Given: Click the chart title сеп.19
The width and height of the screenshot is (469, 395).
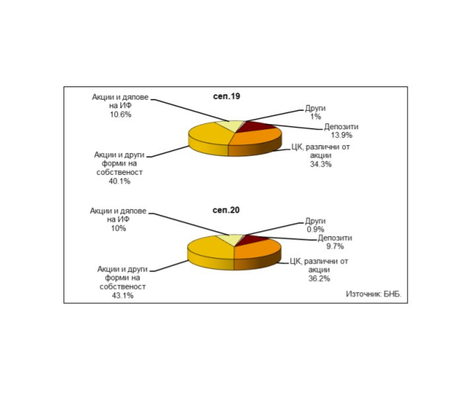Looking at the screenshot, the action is tap(227, 96).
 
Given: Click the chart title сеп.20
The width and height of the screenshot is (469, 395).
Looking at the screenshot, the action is tap(226, 210).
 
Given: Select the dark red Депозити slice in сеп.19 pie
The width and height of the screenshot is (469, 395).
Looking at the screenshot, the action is tap(258, 126).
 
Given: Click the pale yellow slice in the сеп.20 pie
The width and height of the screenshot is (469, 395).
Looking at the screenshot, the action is tap(231, 239).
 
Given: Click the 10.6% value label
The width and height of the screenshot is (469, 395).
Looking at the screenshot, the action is tap(120, 115).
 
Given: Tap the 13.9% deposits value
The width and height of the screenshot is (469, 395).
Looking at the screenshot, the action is tap(342, 135).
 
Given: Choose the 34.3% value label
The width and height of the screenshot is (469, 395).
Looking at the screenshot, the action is tap(320, 164).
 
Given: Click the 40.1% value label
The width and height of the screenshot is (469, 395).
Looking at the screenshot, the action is tap(120, 181).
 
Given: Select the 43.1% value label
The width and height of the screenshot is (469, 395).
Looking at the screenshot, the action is tap(123, 295).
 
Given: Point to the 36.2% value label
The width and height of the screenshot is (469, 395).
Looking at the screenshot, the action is tap(319, 278).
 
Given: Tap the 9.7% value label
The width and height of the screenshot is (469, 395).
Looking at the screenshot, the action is tap(335, 247).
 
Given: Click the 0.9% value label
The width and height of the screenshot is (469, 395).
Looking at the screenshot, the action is tap(315, 229).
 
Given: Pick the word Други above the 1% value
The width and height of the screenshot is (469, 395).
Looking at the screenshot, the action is tap(315, 108).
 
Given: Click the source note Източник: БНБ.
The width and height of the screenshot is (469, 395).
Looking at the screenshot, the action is tap(374, 294).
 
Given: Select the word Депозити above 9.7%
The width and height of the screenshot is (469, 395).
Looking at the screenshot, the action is tap(335, 238).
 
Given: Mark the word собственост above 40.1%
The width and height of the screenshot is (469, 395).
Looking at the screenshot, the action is tap(120, 172).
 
